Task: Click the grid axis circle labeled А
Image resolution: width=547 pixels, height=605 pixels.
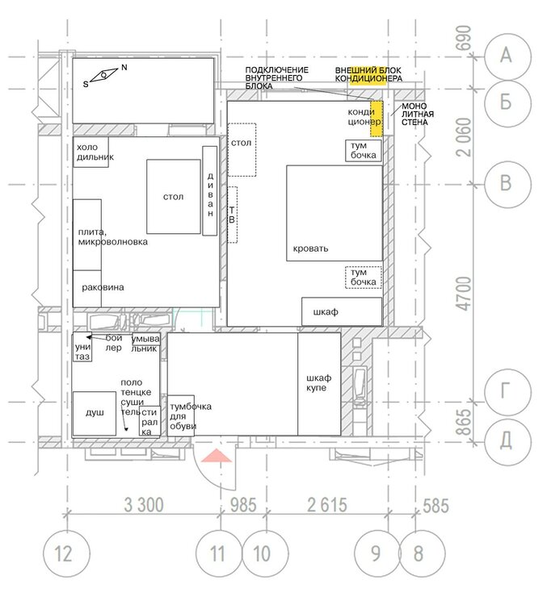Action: [x=507, y=55]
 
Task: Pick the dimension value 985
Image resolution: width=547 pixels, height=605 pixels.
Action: [x=243, y=506]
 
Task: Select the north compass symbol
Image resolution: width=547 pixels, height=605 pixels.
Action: [x=104, y=76]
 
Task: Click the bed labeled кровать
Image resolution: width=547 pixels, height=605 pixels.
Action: [x=334, y=213]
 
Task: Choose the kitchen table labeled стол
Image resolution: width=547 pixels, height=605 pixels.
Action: [x=173, y=196]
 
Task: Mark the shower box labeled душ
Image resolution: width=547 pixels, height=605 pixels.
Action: [x=95, y=413]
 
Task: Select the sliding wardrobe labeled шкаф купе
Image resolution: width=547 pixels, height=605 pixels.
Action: [x=318, y=383]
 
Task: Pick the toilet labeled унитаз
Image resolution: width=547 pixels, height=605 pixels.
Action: [x=82, y=347]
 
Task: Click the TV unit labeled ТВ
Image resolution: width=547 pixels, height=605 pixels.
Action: [x=232, y=214]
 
